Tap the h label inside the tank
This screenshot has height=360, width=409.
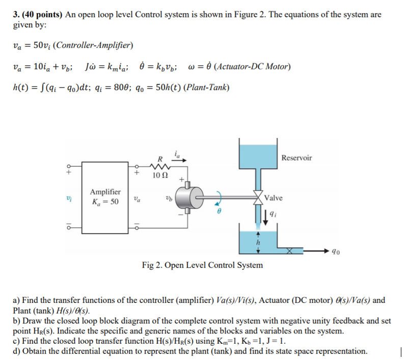pos(258,242)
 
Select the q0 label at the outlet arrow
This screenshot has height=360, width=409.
pos(335,251)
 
